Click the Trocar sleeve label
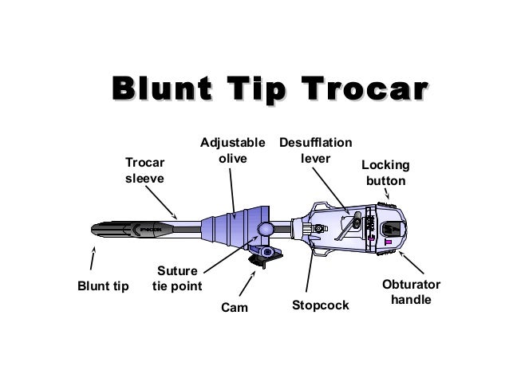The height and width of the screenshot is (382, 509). pyautogui.click(x=144, y=170)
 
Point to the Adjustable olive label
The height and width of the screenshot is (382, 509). pyautogui.click(x=232, y=151)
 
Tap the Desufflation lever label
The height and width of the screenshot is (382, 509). pyautogui.click(x=315, y=151)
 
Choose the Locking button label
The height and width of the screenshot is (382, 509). pyautogui.click(x=385, y=173)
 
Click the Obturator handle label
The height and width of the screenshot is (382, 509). pyautogui.click(x=411, y=293)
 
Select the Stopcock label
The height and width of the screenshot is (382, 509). pyautogui.click(x=320, y=305)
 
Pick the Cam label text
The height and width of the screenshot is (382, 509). pyautogui.click(x=235, y=307)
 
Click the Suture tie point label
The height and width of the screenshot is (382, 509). pyautogui.click(x=177, y=278)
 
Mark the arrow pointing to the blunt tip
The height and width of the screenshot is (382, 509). pyautogui.click(x=94, y=259)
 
